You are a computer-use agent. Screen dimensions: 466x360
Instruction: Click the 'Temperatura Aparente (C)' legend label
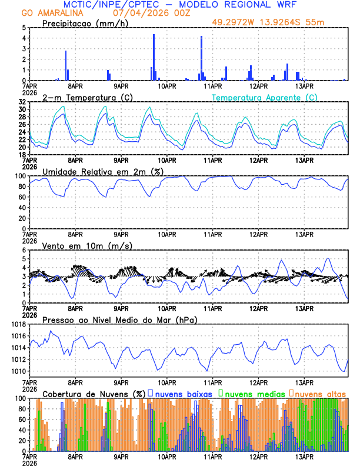(x=265, y=97)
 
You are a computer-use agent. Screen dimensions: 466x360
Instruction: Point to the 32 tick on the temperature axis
(x=21, y=102)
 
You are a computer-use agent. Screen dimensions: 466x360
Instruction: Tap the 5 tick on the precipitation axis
(x=24, y=28)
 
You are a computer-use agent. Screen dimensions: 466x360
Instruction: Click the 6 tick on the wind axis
(x=24, y=250)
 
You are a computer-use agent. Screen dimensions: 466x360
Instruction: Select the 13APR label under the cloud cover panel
(x=304, y=456)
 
